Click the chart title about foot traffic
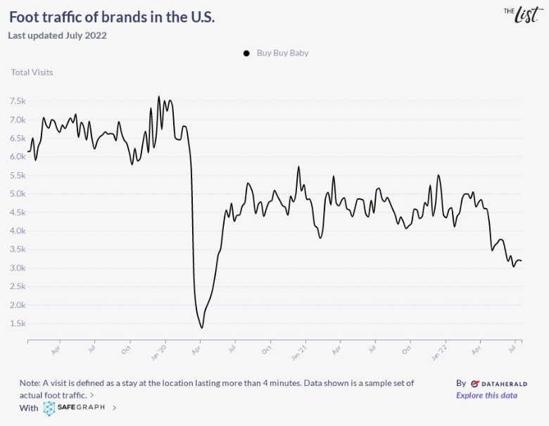pyautogui.click(x=112, y=16)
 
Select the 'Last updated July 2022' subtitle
pyautogui.click(x=57, y=35)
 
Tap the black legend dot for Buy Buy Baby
pyautogui.click(x=246, y=53)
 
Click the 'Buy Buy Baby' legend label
pyautogui.click(x=282, y=53)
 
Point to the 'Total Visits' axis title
pyautogui.click(x=32, y=72)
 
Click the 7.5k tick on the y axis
pyautogui.click(x=18, y=101)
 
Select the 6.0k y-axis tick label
pyautogui.click(x=18, y=157)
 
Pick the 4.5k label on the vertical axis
pyautogui.click(x=18, y=212)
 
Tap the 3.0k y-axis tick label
pyautogui.click(x=18, y=268)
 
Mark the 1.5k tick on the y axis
pyautogui.click(x=18, y=323)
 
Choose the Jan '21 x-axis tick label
pyautogui.click(x=298, y=350)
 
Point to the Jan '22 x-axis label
pyautogui.click(x=440, y=350)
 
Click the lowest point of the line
pyautogui.click(x=202, y=328)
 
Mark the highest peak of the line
pyautogui.click(x=158, y=96)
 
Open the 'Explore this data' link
pyautogui.click(x=486, y=395)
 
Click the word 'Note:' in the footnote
pyautogui.click(x=30, y=383)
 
